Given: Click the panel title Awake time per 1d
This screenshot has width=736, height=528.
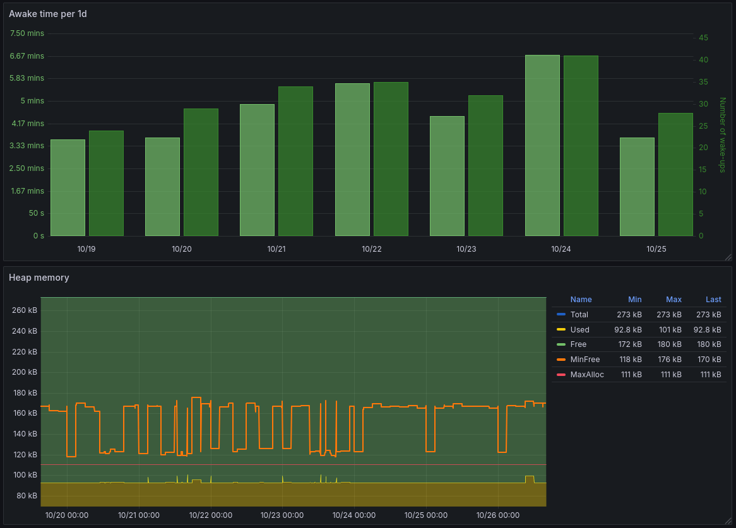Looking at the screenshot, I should [48, 14].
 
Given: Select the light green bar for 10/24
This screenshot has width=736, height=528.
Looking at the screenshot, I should [542, 145].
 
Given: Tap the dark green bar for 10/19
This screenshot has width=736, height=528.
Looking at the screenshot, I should [106, 183].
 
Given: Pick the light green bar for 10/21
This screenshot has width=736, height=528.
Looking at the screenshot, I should [257, 170].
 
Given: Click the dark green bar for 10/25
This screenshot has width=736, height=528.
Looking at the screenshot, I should [675, 174].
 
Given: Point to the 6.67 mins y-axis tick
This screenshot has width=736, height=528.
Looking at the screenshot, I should [27, 56].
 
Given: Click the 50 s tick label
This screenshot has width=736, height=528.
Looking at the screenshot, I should [37, 213].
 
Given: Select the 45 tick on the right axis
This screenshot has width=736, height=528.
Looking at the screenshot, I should [703, 38].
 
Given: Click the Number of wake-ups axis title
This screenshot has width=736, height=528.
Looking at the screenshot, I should [723, 134].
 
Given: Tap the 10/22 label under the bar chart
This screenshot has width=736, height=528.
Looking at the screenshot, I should [372, 249].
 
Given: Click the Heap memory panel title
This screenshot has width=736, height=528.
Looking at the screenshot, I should [39, 278].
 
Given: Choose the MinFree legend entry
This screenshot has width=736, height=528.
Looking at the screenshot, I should [585, 360].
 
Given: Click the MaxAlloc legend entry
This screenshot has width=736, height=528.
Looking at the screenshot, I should [587, 375].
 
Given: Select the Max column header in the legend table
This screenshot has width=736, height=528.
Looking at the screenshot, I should [674, 300].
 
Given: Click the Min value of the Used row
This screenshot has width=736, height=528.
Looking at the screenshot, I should [628, 329].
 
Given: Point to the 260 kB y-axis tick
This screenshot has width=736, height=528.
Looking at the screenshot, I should [25, 310].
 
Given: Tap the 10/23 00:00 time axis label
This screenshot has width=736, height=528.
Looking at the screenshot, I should [282, 515].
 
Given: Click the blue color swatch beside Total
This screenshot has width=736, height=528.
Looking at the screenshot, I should [561, 314].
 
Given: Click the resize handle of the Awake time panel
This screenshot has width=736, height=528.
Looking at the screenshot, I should [728, 257].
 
